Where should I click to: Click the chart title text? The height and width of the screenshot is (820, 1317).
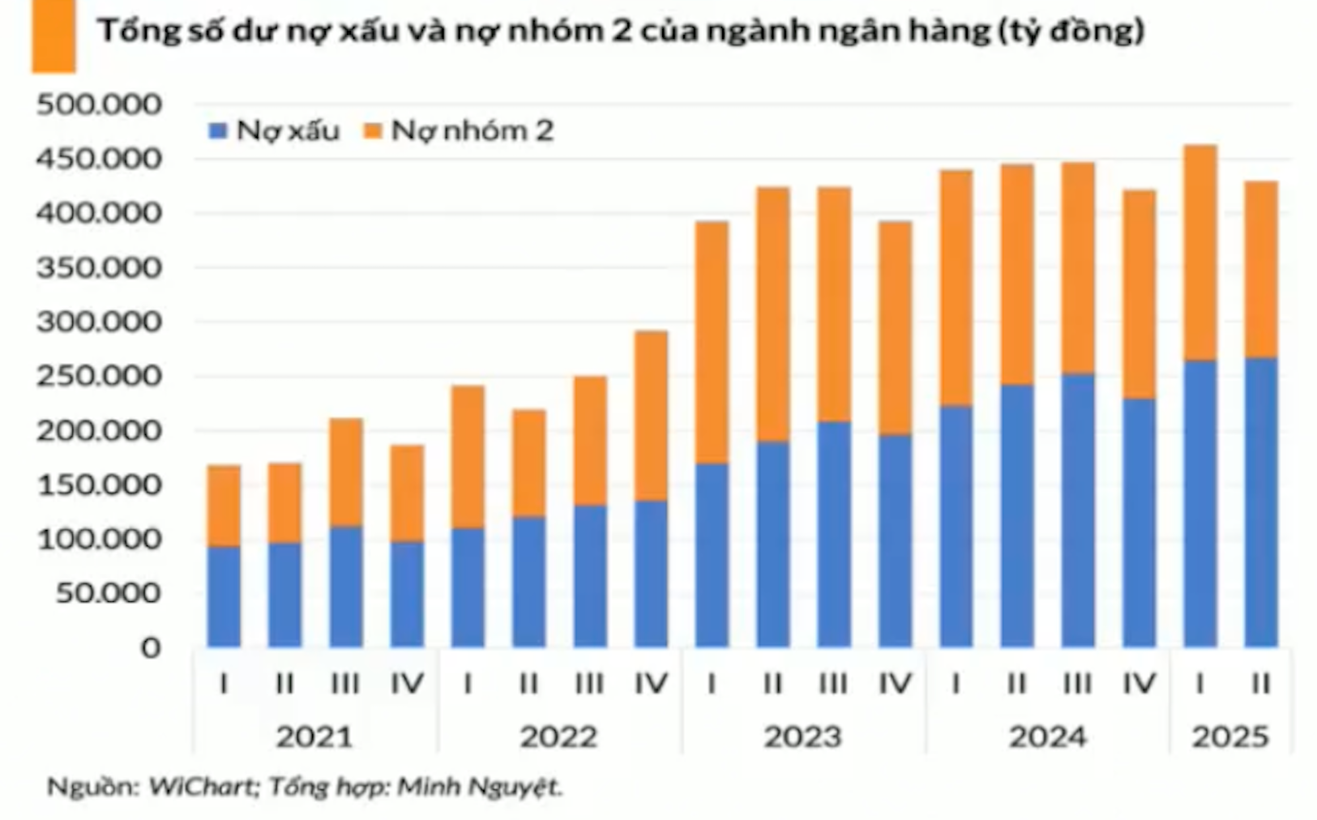(620, 31)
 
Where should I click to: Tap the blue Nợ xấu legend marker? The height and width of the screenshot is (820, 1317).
(217, 130)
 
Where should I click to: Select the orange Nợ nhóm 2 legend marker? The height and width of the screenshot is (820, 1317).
(373, 130)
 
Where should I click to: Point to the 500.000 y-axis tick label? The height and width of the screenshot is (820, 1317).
(99, 105)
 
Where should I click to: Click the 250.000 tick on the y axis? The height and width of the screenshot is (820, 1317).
(99, 377)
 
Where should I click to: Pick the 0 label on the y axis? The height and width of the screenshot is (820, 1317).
(151, 648)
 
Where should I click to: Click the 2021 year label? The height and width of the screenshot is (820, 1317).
(314, 737)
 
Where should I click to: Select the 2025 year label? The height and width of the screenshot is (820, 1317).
(1229, 737)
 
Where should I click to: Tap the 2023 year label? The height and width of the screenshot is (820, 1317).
(802, 737)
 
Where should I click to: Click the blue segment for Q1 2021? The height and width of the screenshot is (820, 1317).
(224, 597)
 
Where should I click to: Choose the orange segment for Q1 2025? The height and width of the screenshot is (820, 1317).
(1199, 253)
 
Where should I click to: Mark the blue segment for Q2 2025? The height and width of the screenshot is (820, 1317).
(1260, 502)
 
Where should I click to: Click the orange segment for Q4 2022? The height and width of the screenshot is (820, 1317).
(651, 416)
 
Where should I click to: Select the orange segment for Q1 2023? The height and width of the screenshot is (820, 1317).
(712, 342)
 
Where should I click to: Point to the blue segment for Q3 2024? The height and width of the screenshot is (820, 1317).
(1077, 510)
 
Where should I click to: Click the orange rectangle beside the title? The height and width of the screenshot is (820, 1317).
(53, 36)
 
